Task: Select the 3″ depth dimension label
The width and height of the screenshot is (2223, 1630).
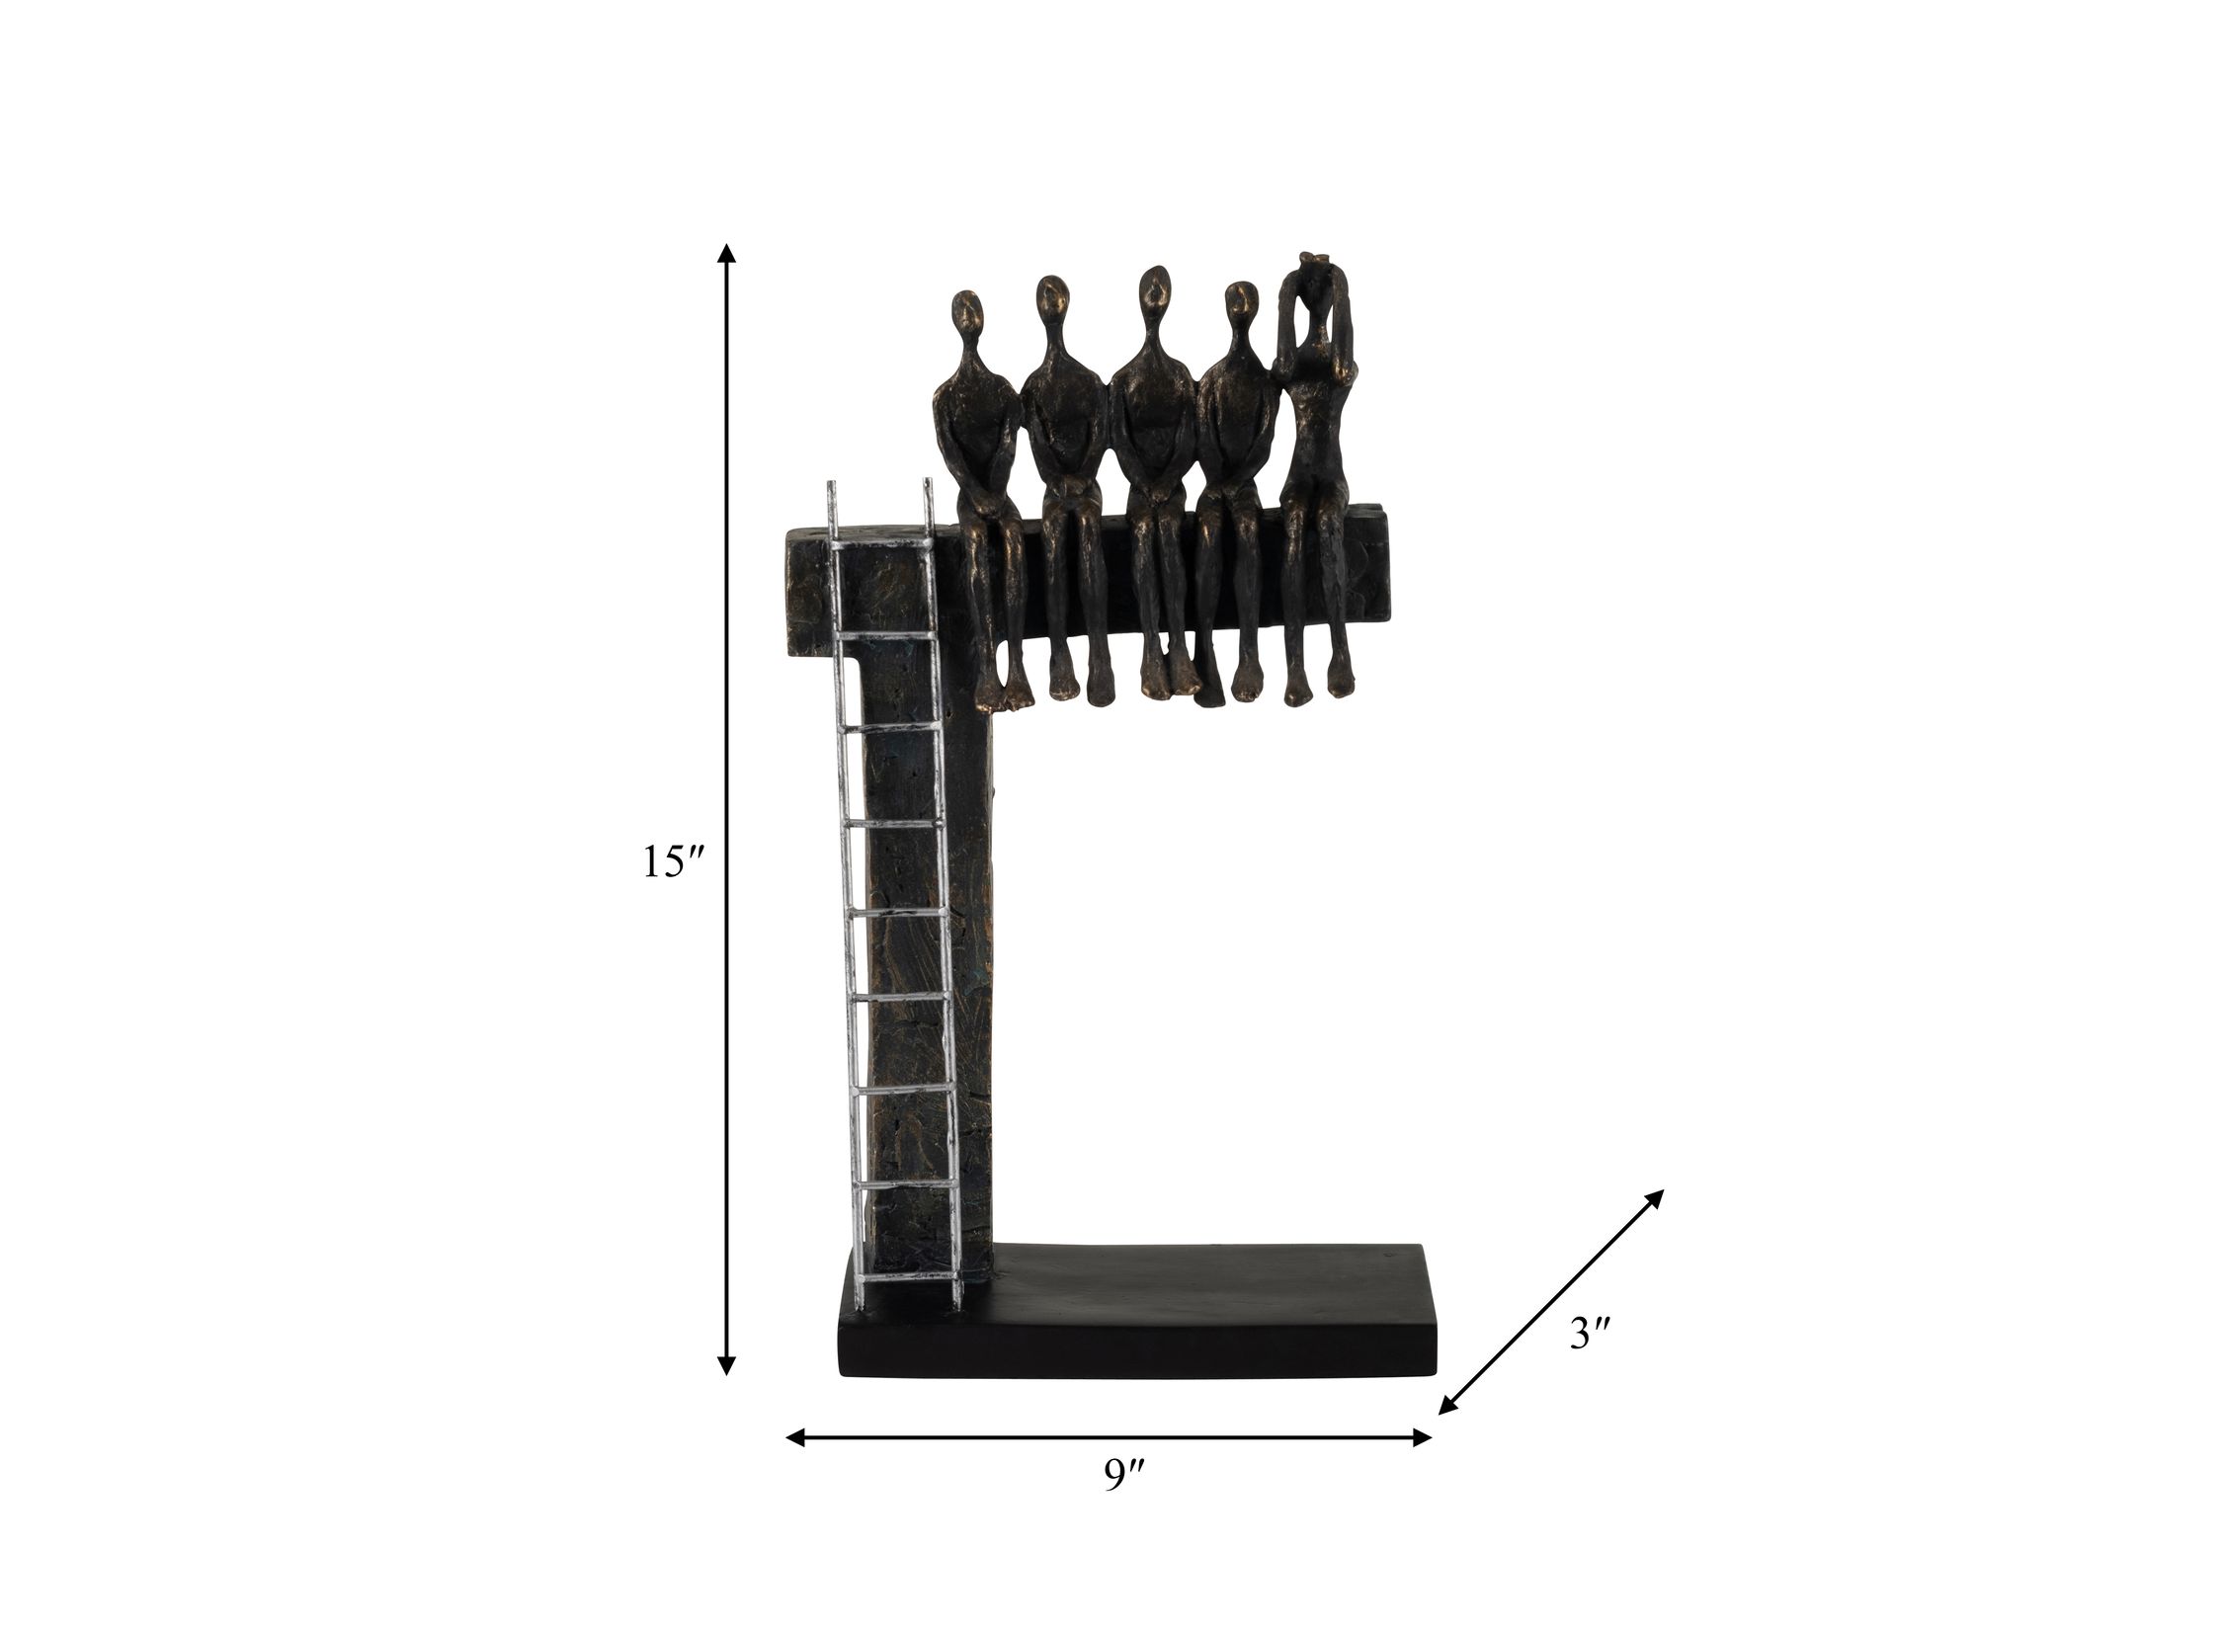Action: pyautogui.click(x=1591, y=1336)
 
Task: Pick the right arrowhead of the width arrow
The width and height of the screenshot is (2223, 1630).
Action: pyautogui.click(x=1422, y=1465)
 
